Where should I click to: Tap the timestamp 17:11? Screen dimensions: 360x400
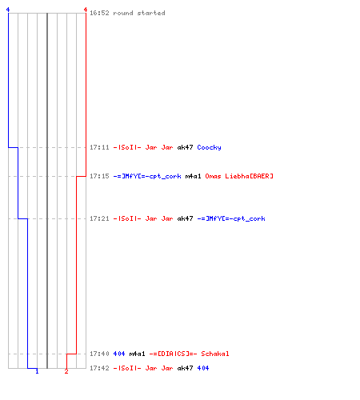(x=99, y=147)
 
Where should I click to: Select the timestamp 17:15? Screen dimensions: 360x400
(x=99, y=176)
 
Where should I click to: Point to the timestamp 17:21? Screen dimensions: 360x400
(x=99, y=218)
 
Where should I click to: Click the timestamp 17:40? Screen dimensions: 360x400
(x=99, y=354)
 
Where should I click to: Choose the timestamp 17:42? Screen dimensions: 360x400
(x=99, y=368)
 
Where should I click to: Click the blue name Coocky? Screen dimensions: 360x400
(x=209, y=147)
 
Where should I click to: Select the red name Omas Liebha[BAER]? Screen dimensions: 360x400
(x=239, y=176)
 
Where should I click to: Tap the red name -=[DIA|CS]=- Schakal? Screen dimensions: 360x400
(x=189, y=354)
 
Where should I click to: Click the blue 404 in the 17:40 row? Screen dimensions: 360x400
(x=119, y=354)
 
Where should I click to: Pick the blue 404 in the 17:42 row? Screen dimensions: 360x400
(x=203, y=368)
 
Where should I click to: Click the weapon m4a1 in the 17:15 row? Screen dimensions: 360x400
(x=193, y=176)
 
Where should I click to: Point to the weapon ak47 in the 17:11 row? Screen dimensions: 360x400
(x=185, y=147)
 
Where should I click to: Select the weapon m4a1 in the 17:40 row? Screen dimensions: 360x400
(x=137, y=354)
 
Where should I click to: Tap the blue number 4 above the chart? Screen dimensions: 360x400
(x=8, y=10)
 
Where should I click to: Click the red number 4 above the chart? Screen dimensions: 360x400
(x=86, y=10)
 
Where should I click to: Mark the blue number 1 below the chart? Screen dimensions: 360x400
(x=37, y=371)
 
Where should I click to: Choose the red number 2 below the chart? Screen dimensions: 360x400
(x=66, y=371)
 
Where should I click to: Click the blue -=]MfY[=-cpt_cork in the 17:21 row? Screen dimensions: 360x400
(x=231, y=218)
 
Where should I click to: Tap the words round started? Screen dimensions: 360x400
(x=139, y=13)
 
